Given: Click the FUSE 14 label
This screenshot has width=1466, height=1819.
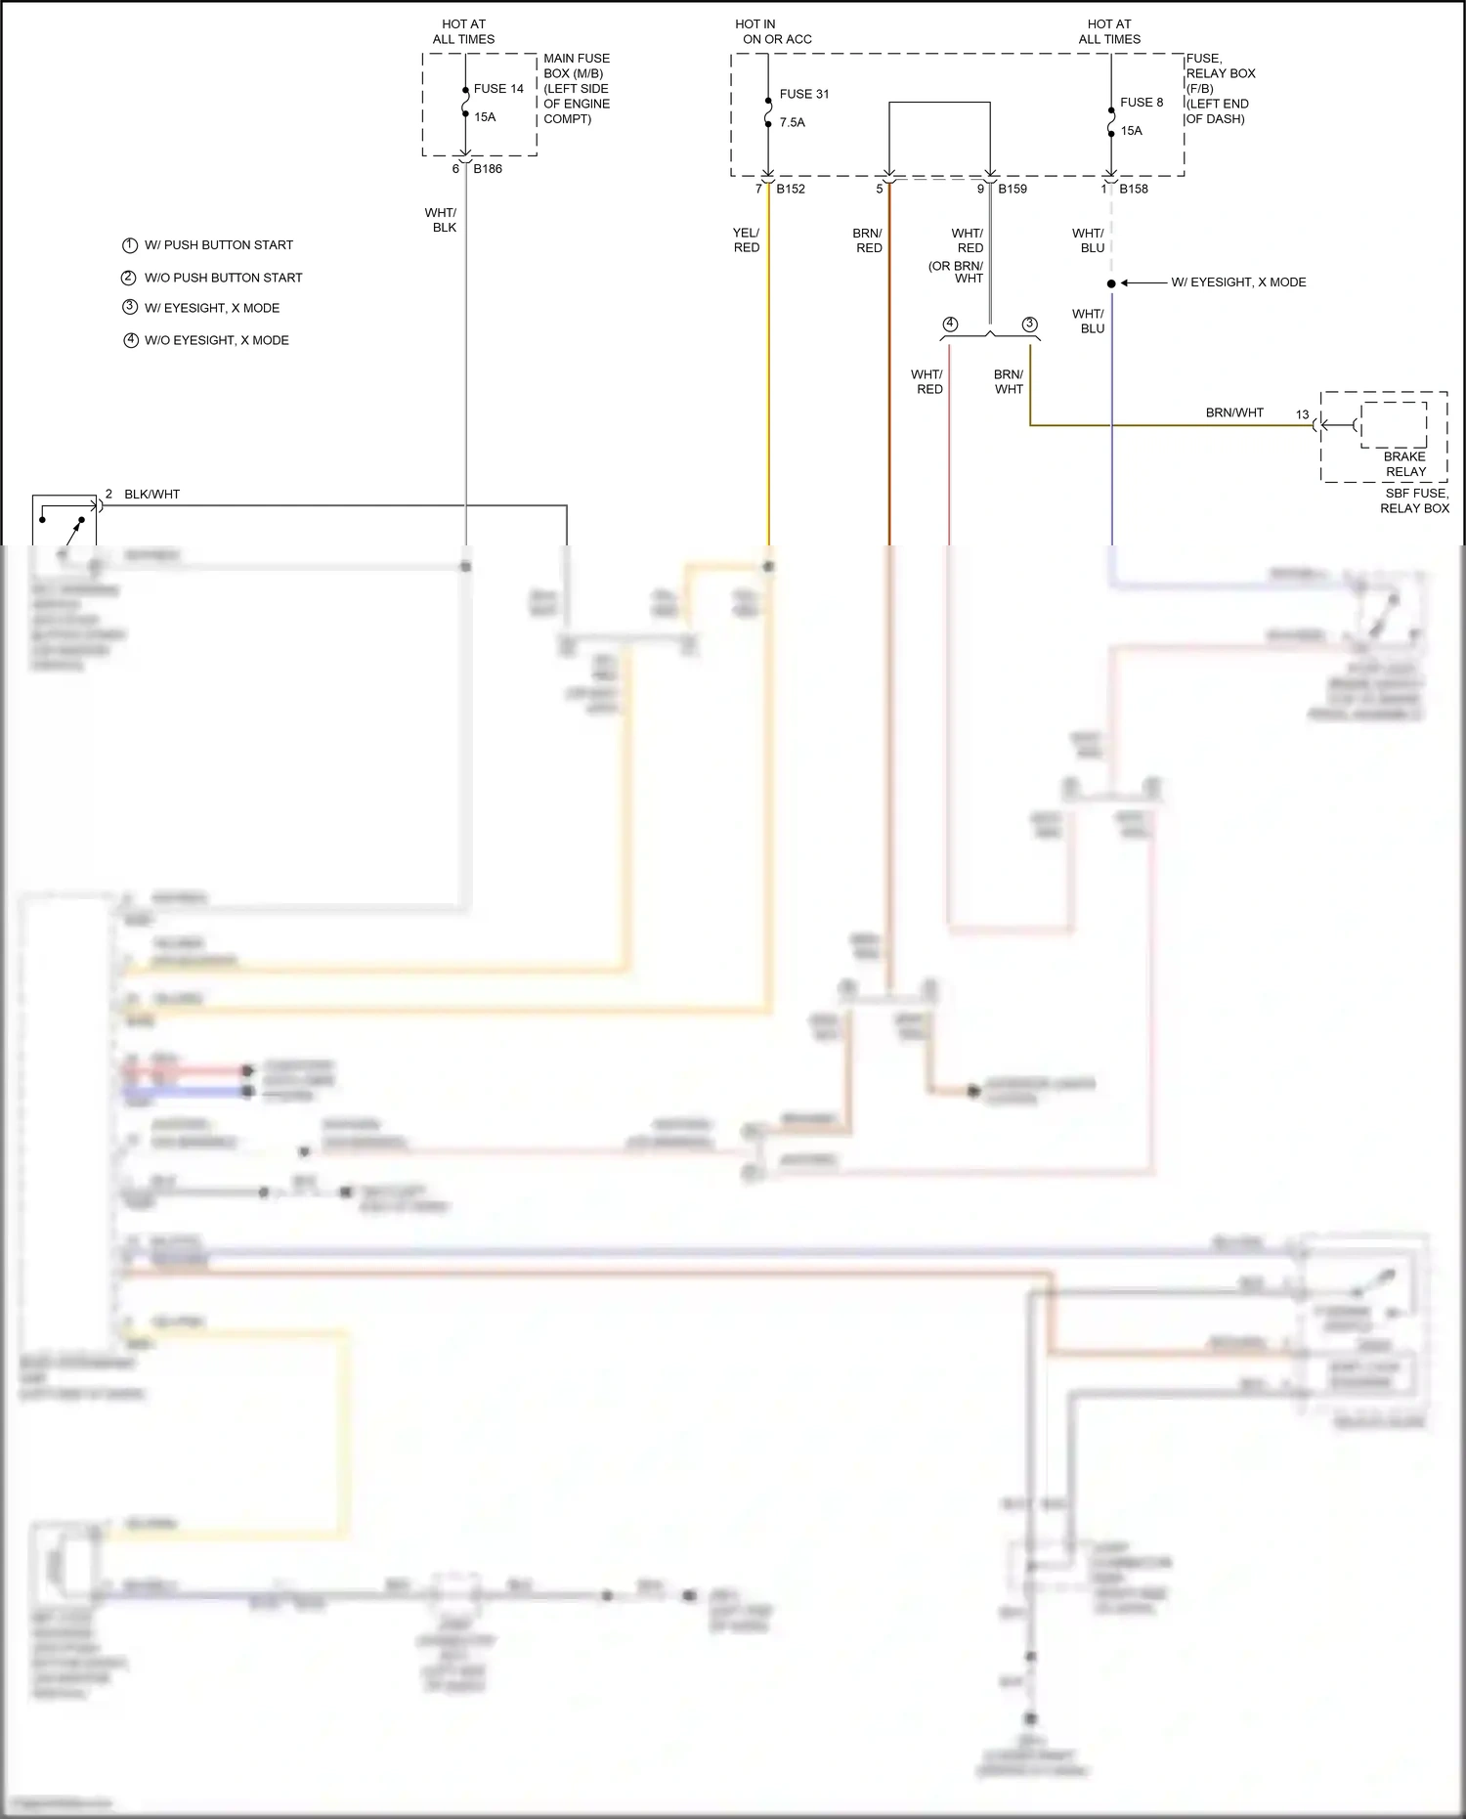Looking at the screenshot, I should tap(498, 89).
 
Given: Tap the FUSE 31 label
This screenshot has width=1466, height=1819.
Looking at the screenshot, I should tap(804, 95).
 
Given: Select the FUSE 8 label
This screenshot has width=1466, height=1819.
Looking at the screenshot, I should tap(1142, 103).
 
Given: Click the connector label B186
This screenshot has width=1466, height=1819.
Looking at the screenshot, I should tap(488, 169).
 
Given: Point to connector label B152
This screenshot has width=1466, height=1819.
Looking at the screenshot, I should tap(791, 189).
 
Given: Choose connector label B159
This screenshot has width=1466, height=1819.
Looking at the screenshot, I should tap(1013, 189).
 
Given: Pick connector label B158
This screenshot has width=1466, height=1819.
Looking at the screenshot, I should tap(1134, 189).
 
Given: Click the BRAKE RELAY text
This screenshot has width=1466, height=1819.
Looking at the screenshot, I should tap(1405, 464).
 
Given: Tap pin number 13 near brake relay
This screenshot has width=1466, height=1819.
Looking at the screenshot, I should tap(1302, 414).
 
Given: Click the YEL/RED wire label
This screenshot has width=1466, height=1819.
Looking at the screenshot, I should tap(747, 240).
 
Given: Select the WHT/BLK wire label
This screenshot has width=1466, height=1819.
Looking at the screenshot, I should tap(441, 220).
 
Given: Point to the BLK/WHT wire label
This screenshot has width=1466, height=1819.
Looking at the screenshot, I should tap(151, 495).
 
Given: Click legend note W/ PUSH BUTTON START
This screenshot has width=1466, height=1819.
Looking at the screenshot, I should tap(218, 245).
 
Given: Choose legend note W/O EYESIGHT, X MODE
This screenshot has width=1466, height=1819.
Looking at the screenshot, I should tap(216, 340).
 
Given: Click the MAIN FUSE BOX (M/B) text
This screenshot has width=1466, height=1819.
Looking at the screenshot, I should tap(575, 66).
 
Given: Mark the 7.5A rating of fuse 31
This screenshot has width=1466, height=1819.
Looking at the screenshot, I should tap(793, 123).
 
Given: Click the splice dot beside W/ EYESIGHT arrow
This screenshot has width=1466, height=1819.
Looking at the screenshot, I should tap(1111, 283).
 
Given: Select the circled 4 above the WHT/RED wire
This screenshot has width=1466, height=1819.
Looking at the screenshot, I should tap(950, 325).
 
